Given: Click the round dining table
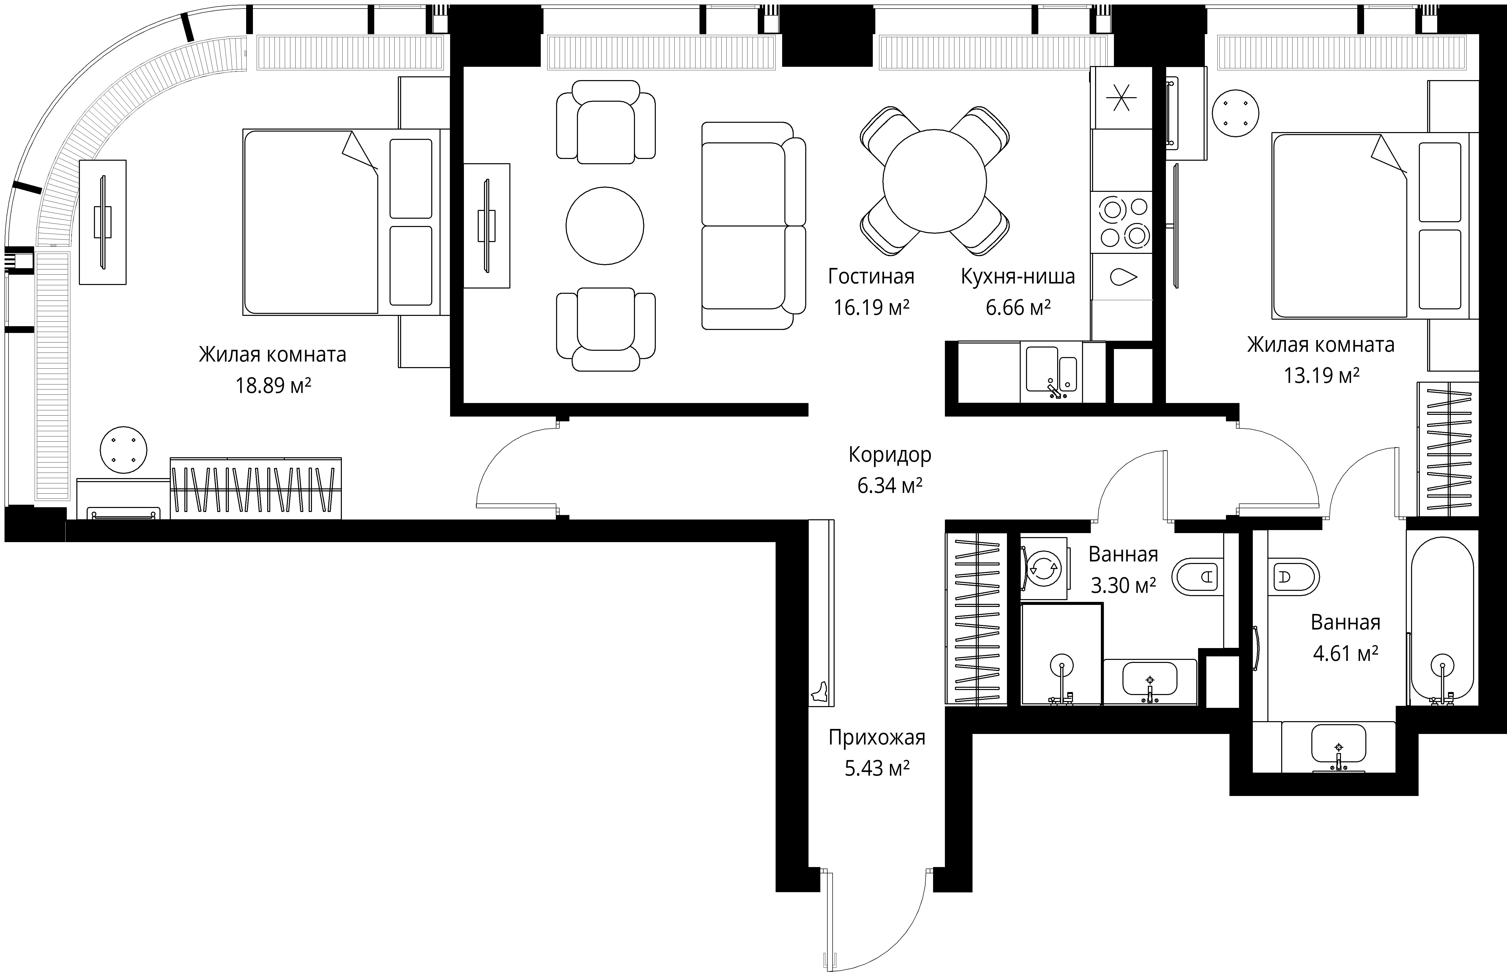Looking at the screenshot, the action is tap(934, 181).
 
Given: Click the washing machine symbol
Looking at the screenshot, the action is tap(1044, 568).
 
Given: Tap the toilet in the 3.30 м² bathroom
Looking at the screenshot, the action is tap(1197, 577).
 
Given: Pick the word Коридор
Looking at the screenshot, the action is tap(890, 454).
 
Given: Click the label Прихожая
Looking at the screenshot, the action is tap(877, 737).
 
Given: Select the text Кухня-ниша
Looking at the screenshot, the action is tap(1018, 276).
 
